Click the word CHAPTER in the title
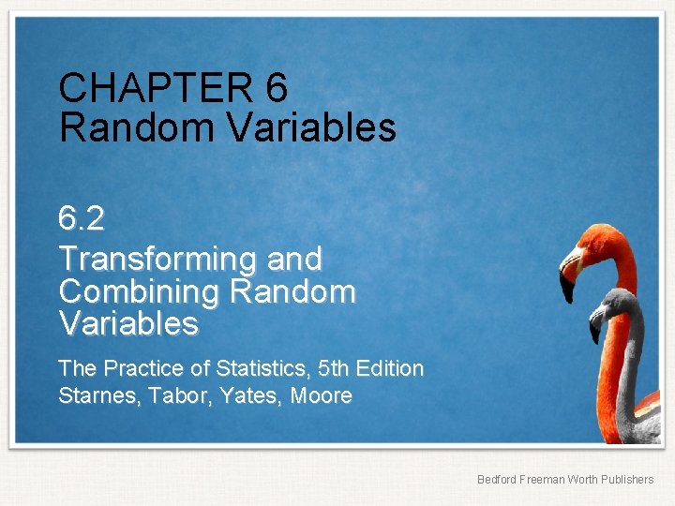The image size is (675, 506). (x=155, y=88)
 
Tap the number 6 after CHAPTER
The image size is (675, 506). (x=277, y=88)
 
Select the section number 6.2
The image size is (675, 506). (x=82, y=219)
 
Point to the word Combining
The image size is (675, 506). (x=138, y=291)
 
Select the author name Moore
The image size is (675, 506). (x=322, y=396)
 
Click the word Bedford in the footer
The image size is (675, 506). (x=497, y=480)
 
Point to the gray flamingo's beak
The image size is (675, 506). (x=596, y=324)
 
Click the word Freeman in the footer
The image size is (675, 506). (x=543, y=480)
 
